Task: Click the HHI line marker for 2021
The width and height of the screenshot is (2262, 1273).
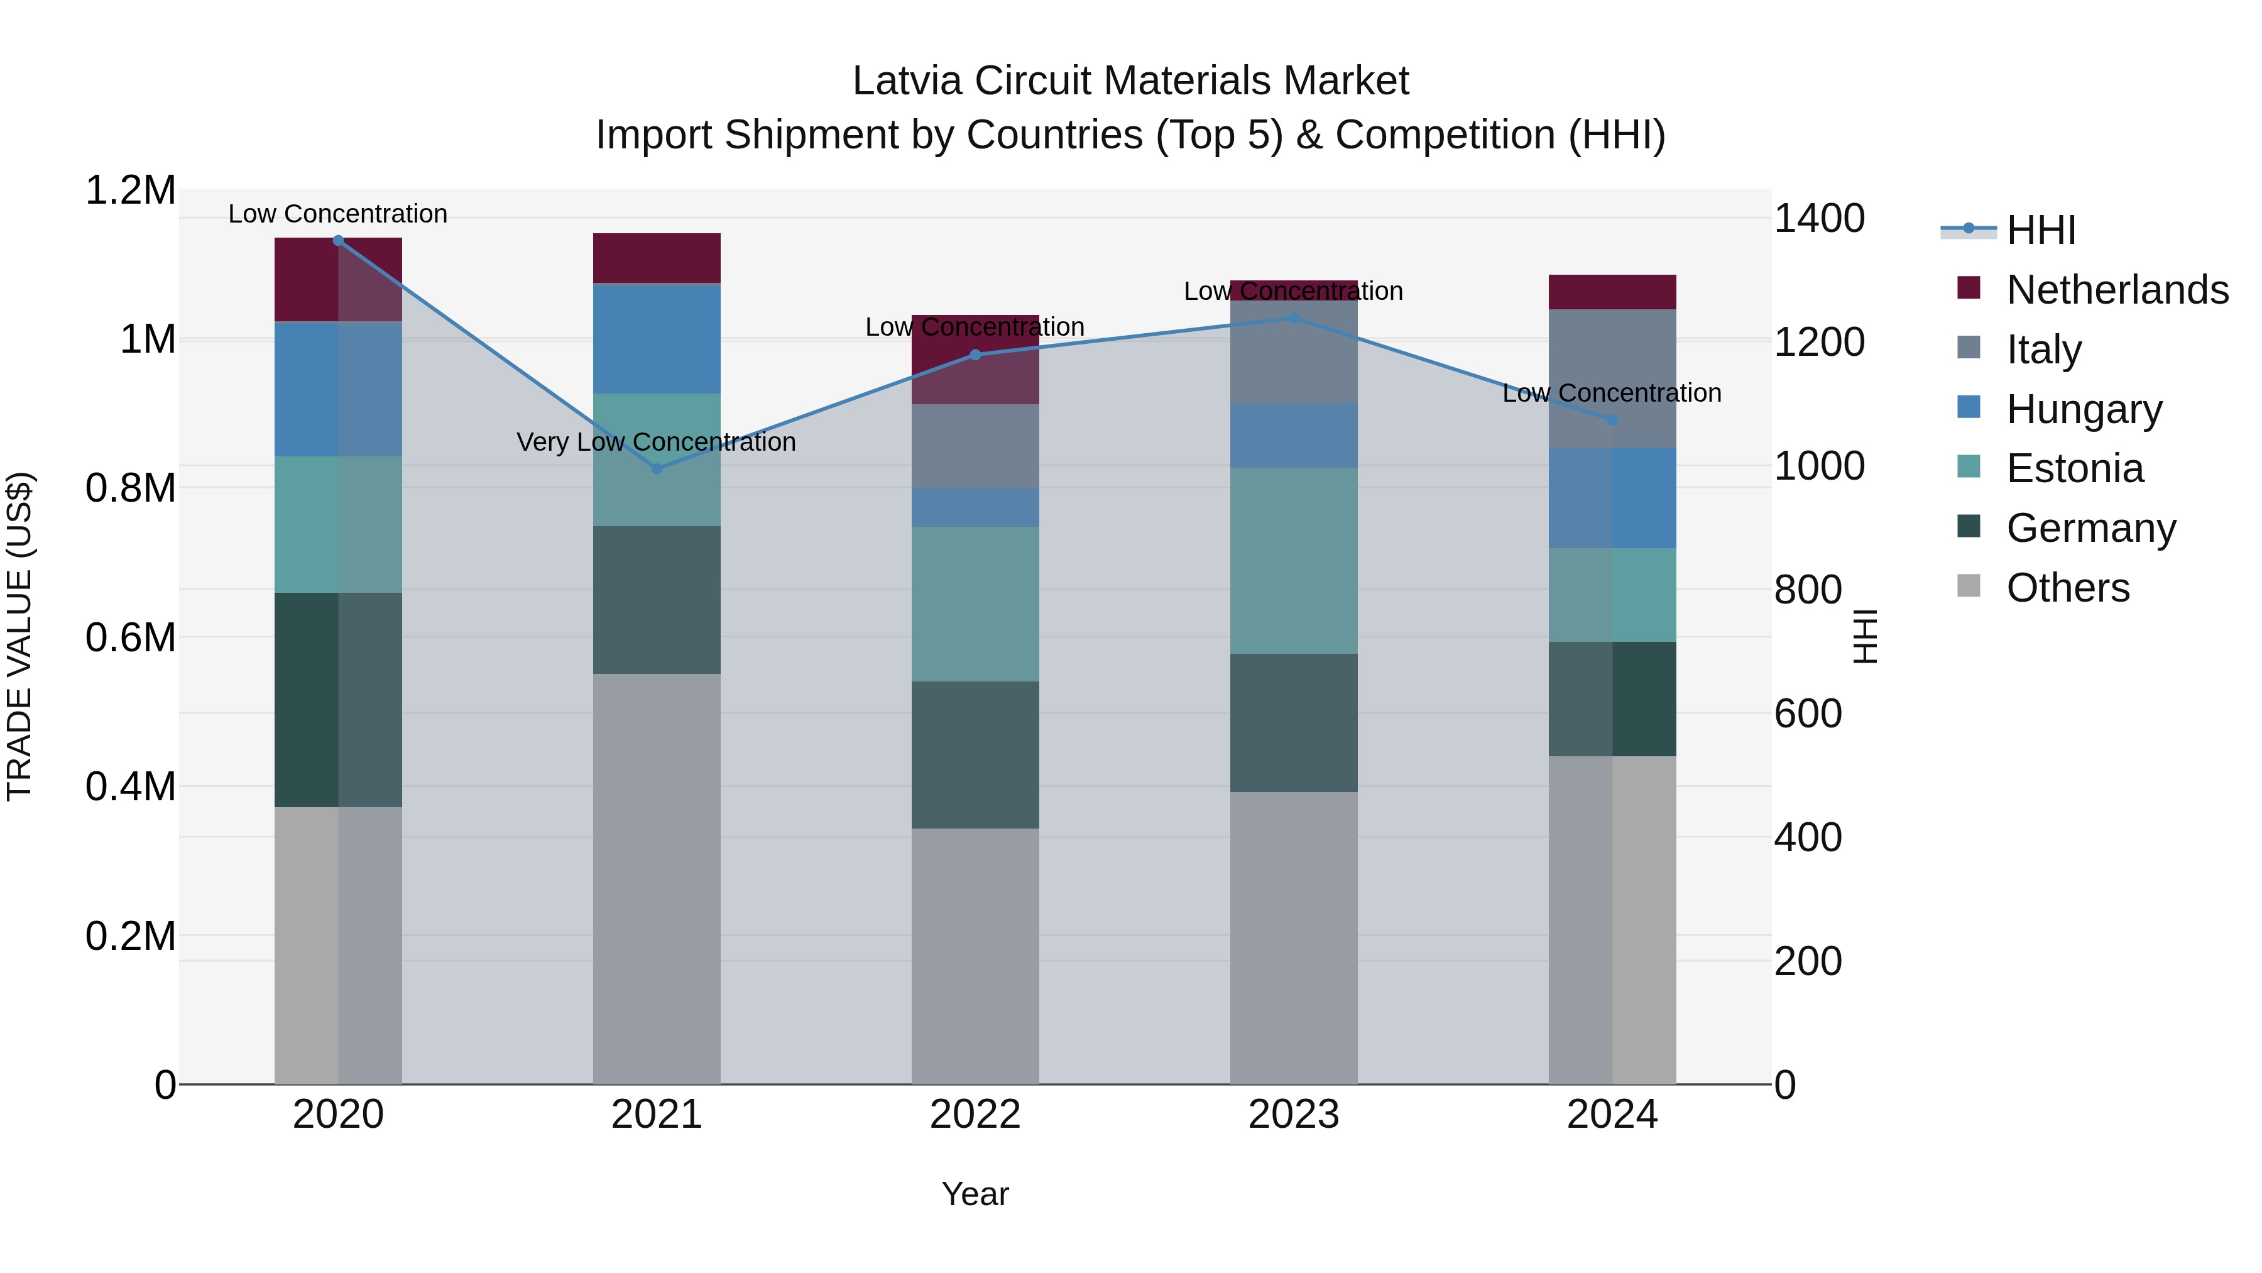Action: (657, 468)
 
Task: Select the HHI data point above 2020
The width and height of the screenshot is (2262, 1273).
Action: (338, 240)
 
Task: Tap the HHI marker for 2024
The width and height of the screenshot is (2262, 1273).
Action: (1612, 420)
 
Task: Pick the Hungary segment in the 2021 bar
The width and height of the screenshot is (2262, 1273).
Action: (657, 338)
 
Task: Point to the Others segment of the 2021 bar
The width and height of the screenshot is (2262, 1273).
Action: (657, 879)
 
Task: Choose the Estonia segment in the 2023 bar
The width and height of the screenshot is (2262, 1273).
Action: (1294, 561)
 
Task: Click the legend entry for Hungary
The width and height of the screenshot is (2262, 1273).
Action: (2083, 409)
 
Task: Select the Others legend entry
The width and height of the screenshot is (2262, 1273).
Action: (2067, 588)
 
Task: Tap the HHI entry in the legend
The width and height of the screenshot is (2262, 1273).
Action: (2040, 230)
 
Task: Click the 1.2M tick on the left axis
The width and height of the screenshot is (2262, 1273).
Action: (130, 190)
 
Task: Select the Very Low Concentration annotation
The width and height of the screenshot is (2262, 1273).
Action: (656, 442)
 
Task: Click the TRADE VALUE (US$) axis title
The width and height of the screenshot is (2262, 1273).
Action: (19, 636)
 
